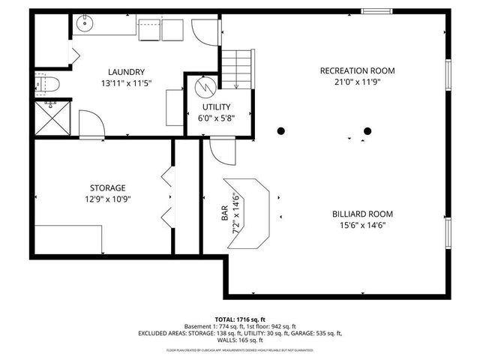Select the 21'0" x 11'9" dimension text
click(357, 82)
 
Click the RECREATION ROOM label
click(357, 71)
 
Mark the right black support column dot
click(367, 131)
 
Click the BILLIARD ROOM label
click(362, 214)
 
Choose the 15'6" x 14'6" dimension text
click(362, 225)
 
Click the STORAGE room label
click(109, 187)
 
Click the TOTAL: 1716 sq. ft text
click(240, 319)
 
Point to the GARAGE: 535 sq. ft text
click(317, 334)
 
